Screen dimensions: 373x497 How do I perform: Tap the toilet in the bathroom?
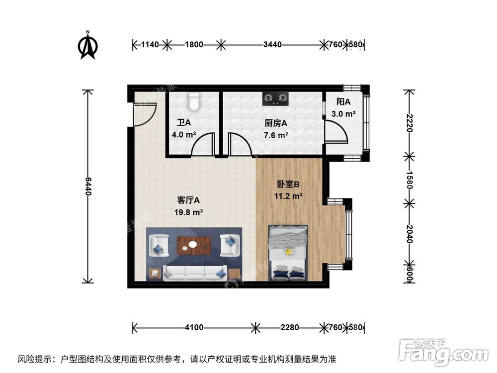click(194, 101)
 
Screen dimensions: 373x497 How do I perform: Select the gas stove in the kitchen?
click(275, 98)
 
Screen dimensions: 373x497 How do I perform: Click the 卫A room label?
click(184, 122)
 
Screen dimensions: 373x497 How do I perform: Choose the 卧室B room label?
click(288, 185)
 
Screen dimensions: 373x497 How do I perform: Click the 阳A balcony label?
click(343, 102)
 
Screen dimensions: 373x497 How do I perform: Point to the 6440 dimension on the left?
click(88, 186)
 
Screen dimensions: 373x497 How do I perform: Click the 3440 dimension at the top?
click(272, 45)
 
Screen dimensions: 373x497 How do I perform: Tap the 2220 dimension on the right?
click(409, 122)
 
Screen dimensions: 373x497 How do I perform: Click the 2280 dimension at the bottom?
click(289, 327)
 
